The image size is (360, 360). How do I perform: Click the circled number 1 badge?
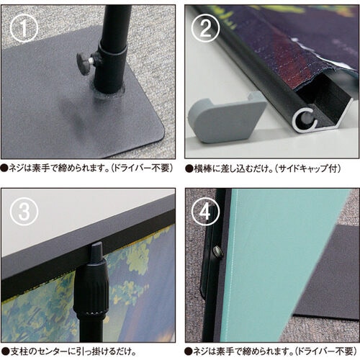pos(26,28)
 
